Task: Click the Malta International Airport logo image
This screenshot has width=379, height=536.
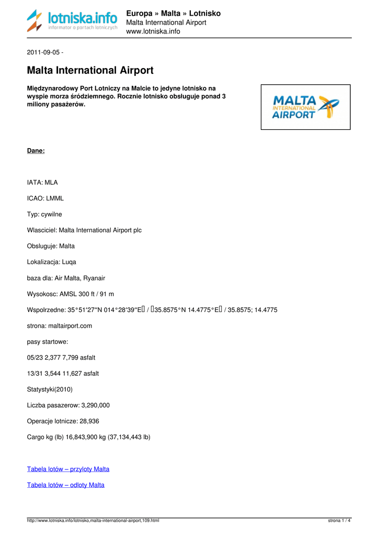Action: pos(306,107)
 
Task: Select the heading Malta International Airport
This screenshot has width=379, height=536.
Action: pos(90,70)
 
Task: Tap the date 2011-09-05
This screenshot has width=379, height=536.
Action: pos(43,52)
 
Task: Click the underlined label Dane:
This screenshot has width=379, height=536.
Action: pos(36,151)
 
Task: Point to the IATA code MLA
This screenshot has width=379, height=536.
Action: pos(51,183)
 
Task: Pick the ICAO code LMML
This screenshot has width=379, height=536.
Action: pos(54,198)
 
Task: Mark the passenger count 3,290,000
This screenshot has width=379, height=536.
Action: pos(95,405)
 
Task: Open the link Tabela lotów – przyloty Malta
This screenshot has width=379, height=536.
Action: pos(68,469)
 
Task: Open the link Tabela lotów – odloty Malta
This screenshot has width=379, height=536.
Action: pos(66,485)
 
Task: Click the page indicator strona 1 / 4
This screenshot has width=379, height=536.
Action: pos(339,520)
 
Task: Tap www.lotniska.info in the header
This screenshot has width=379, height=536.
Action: pos(153,31)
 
